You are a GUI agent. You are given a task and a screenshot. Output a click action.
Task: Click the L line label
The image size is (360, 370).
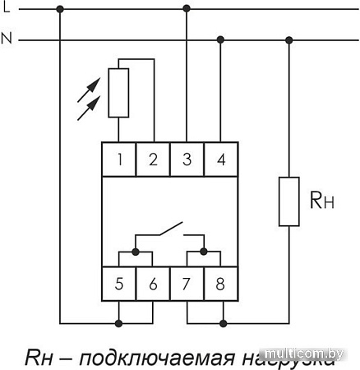(7, 8)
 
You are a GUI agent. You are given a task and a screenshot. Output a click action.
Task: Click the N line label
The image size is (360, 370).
(7, 39)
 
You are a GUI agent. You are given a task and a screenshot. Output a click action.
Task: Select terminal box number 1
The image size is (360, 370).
(120, 160)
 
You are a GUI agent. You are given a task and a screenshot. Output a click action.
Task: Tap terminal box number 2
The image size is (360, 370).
(154, 160)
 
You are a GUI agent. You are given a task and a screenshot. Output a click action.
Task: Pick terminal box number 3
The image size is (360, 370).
(187, 160)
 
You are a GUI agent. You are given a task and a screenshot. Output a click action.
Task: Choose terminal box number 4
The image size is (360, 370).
(220, 160)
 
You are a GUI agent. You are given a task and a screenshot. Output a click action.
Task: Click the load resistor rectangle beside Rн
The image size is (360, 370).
(288, 200)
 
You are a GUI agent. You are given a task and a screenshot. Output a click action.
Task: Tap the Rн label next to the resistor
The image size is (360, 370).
(322, 199)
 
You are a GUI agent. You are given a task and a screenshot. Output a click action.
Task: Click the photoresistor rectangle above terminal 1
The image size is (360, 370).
(120, 93)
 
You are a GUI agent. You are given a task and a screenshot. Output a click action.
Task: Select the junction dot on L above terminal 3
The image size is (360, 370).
(187, 8)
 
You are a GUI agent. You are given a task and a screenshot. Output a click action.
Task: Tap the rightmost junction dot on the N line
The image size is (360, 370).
(288, 39)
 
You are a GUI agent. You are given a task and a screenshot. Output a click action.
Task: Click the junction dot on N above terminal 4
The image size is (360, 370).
(220, 39)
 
